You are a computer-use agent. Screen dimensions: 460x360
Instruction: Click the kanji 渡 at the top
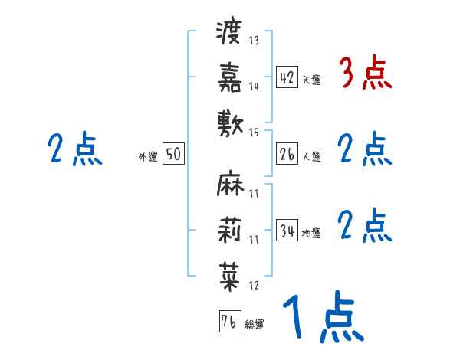230,32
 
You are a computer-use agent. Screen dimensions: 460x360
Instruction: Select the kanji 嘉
230,77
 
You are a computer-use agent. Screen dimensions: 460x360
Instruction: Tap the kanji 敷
230,123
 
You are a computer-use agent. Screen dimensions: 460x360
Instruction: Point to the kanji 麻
230,185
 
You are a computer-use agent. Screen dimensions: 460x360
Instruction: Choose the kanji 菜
230,275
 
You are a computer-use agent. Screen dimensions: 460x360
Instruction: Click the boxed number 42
286,77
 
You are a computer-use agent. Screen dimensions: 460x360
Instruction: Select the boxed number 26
286,155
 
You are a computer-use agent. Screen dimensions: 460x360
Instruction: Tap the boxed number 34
286,231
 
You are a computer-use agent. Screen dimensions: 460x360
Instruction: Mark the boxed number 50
172,155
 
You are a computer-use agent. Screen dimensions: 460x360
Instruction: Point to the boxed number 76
228,322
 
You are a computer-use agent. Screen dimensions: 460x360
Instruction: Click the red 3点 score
365,74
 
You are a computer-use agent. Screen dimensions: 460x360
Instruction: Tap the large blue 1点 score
321,317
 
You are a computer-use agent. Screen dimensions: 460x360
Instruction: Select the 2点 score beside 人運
365,149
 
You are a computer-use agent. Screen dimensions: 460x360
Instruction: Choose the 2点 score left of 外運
74,149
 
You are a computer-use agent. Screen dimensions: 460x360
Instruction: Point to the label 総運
254,325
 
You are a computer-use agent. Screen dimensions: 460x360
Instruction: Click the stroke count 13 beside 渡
254,40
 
